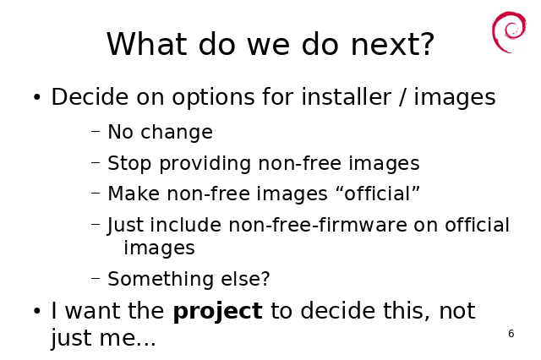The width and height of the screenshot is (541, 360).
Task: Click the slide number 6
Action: click(x=511, y=334)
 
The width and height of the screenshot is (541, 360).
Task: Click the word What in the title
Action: click(x=146, y=44)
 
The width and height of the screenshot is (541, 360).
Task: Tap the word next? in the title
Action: click(x=392, y=44)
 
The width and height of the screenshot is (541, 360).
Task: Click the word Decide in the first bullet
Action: click(x=90, y=96)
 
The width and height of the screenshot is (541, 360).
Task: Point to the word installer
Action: click(x=347, y=96)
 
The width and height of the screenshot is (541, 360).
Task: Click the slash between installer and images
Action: click(x=402, y=97)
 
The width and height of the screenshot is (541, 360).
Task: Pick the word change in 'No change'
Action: click(x=177, y=133)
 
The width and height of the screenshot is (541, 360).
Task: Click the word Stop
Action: click(x=129, y=164)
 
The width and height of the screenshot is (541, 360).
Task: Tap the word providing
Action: click(x=205, y=164)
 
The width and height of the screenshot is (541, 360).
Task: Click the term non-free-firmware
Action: click(x=318, y=225)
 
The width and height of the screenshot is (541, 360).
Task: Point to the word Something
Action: click(x=161, y=280)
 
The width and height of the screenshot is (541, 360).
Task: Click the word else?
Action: click(x=245, y=279)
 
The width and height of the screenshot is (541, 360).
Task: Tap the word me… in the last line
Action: click(x=128, y=339)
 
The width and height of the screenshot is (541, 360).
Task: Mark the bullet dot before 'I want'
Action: click(x=37, y=311)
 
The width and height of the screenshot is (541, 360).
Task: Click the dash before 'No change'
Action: click(x=96, y=131)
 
